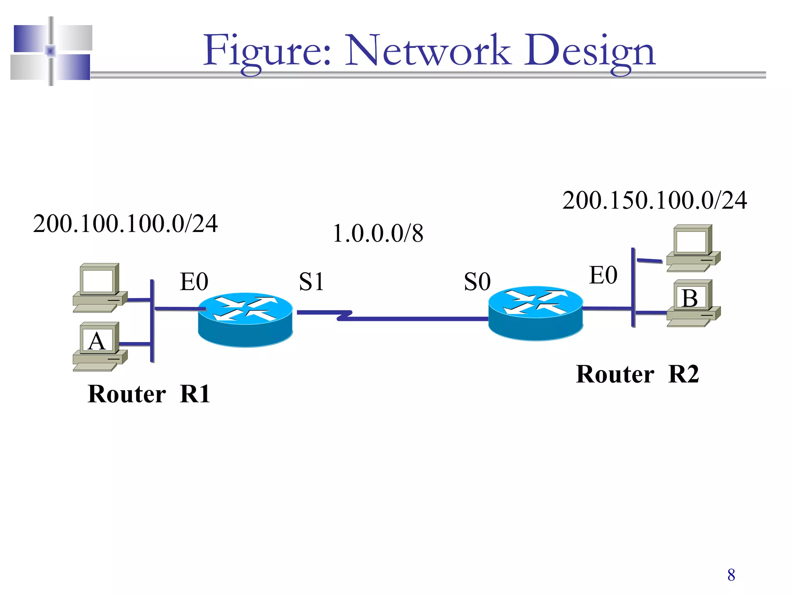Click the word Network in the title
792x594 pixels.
pyautogui.click(x=427, y=50)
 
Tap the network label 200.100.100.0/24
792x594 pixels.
pyautogui.click(x=125, y=224)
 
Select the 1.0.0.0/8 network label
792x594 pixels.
pyautogui.click(x=378, y=234)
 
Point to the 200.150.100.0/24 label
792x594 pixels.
pyautogui.click(x=654, y=201)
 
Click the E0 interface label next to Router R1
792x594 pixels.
pyautogui.click(x=194, y=282)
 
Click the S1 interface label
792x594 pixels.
pyautogui.click(x=311, y=282)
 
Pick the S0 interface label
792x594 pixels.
pyautogui.click(x=477, y=282)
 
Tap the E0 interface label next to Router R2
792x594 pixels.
pyautogui.click(x=603, y=275)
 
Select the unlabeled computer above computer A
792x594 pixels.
pyautogui.click(x=99, y=287)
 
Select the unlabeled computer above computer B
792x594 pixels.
pyautogui.click(x=693, y=247)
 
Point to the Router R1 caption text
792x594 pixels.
pyautogui.click(x=149, y=394)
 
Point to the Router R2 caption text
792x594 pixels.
pyautogui.click(x=637, y=374)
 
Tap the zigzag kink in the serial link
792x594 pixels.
pyautogui.click(x=344, y=315)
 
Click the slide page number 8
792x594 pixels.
pyautogui.click(x=731, y=575)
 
